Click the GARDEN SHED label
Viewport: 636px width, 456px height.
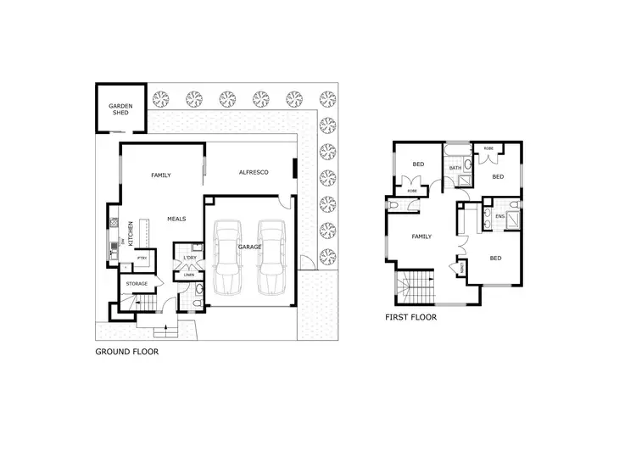120,110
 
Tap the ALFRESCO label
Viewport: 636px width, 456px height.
253,172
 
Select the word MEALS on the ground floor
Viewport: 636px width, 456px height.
176,218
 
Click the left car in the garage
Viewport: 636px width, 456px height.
229,255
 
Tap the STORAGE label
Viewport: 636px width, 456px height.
137,283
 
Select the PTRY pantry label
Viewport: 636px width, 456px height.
142,258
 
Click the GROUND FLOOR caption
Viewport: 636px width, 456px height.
127,349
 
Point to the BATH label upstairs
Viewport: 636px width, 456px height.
455,168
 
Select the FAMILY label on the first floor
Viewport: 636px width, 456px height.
421,236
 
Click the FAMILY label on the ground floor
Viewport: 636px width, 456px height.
161,175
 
